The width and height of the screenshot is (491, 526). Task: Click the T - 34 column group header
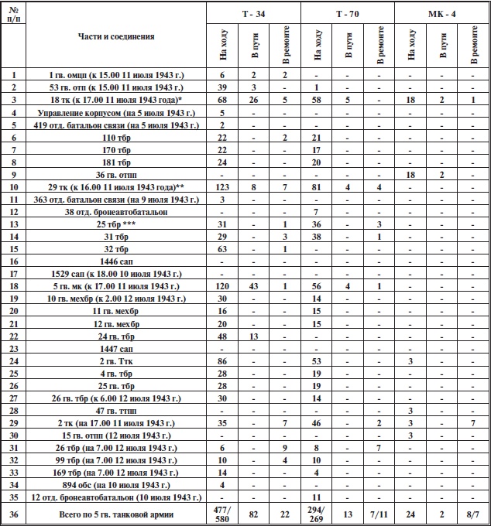click(253, 13)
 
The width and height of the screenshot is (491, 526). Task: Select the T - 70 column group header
click(347, 13)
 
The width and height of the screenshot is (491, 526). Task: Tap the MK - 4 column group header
click(441, 13)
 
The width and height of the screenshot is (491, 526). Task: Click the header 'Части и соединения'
click(116, 36)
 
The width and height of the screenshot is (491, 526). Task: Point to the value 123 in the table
click(222, 188)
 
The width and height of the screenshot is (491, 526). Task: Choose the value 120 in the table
click(222, 286)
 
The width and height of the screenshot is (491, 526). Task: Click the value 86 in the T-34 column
click(222, 361)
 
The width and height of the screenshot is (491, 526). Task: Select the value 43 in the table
click(253, 286)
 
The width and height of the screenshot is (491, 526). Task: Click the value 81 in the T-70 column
click(316, 188)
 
